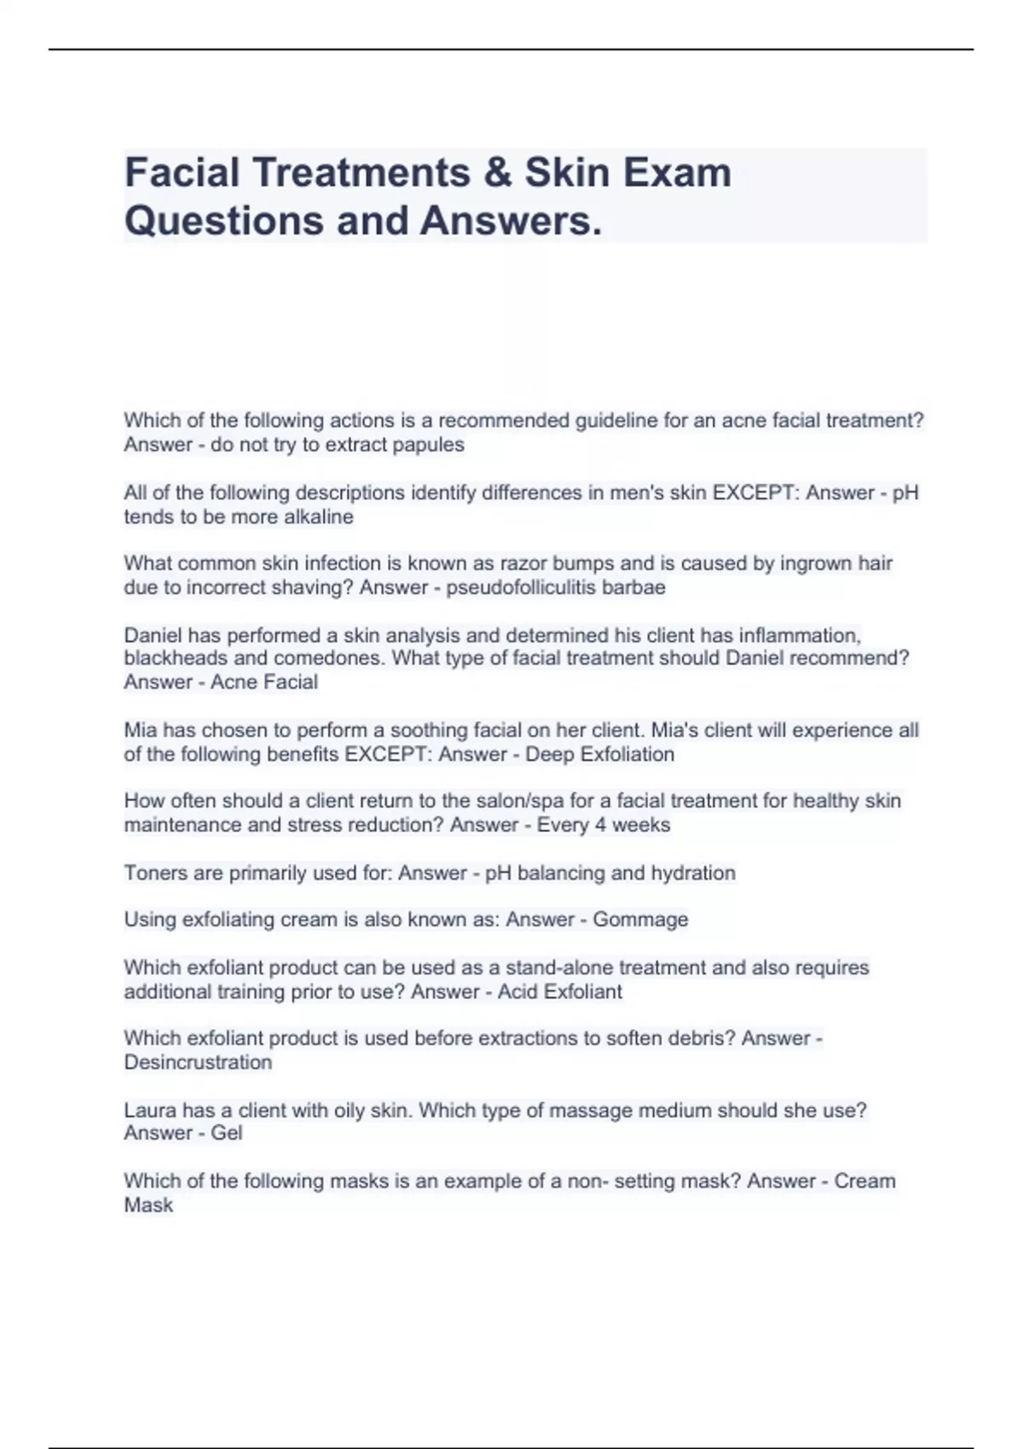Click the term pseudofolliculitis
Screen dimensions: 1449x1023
click(x=521, y=587)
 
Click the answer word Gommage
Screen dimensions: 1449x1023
click(x=640, y=920)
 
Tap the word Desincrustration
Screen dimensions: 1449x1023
click(x=198, y=1062)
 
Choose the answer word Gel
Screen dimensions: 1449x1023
click(x=226, y=1133)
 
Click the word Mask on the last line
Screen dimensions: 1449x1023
click(x=148, y=1205)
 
